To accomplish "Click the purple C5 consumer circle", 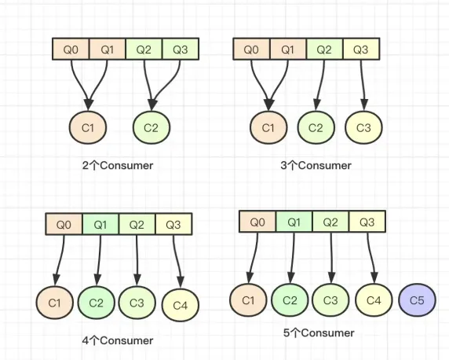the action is click(418, 300).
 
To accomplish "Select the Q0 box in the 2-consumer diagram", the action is click(71, 49).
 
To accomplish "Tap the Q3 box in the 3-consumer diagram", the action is click(361, 49).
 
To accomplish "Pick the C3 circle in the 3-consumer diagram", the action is click(363, 127).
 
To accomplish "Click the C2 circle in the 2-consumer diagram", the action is click(151, 127).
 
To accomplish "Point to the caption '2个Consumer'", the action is click(118, 166).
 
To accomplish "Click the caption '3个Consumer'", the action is click(316, 166).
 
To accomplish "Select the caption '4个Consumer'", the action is click(118, 340).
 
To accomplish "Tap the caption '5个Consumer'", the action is click(319, 332).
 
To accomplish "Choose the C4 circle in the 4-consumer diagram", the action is click(181, 305).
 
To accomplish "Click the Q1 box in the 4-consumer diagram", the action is click(100, 224).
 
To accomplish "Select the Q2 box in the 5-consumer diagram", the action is click(330, 222).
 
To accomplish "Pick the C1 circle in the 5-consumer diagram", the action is click(248, 300).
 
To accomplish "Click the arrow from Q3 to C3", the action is click(363, 85).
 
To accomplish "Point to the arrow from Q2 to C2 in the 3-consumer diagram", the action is click(321, 85).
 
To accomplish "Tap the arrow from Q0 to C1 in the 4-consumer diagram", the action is click(60, 260).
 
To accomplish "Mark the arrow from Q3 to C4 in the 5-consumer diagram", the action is click(371, 258).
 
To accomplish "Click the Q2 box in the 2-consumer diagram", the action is click(144, 49).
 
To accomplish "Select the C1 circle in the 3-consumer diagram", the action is click(268, 127).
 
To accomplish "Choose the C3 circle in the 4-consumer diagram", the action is click(137, 303).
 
